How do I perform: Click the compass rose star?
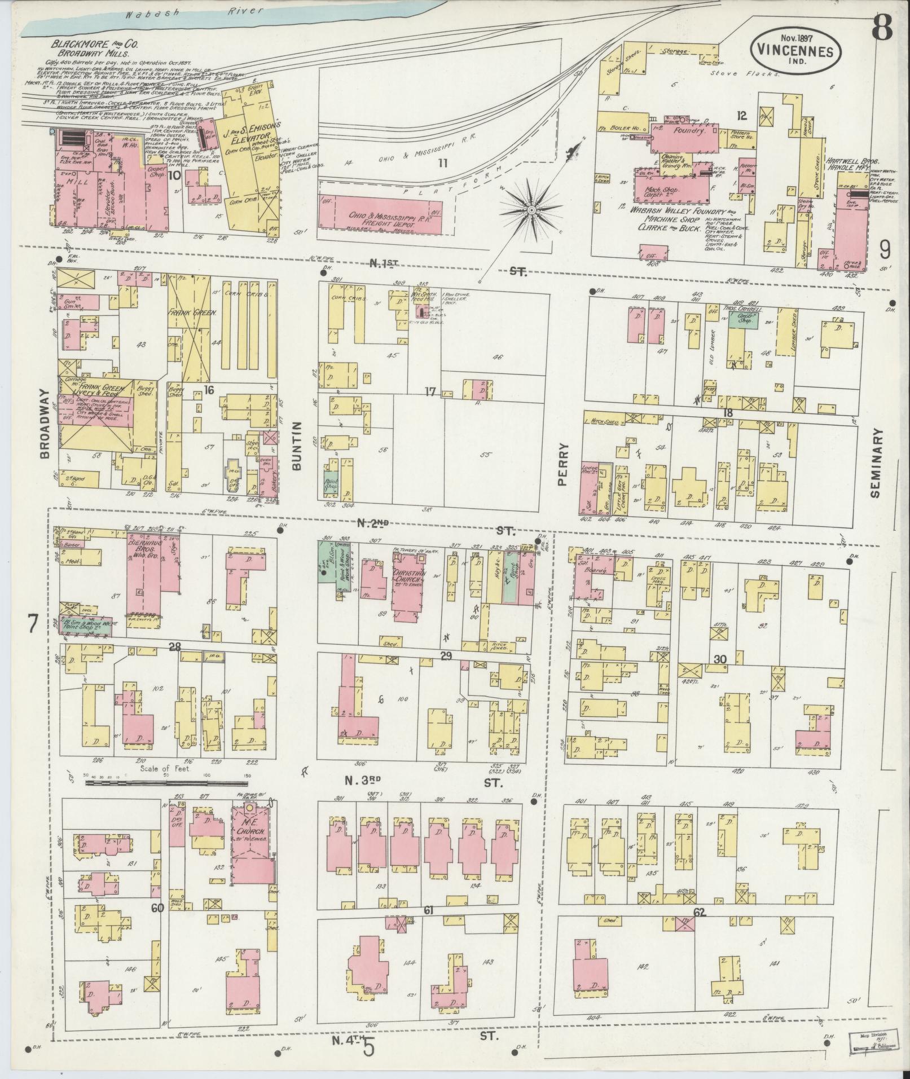pos(530,210)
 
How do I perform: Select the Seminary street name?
pos(875,462)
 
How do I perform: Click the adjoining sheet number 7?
pos(32,624)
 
